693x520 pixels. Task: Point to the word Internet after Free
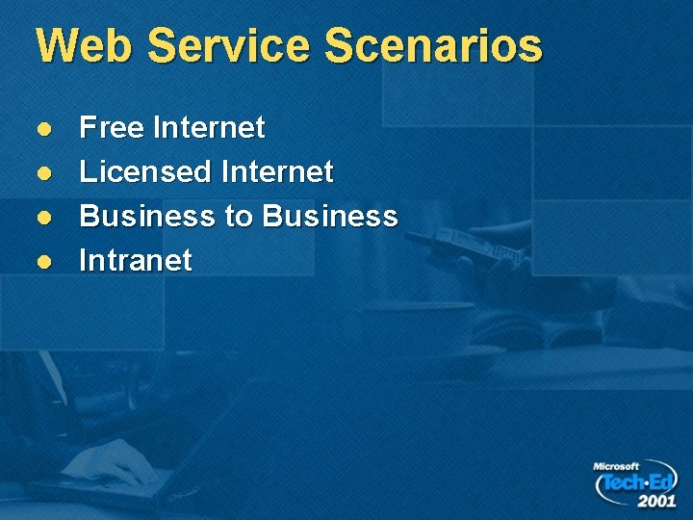[209, 127]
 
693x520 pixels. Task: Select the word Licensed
[144, 172]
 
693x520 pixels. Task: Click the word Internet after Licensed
[277, 172]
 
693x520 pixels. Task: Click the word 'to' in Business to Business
[238, 217]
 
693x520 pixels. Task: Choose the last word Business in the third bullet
[329, 216]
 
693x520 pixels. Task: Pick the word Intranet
[136, 260]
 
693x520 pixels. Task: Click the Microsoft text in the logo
[616, 466]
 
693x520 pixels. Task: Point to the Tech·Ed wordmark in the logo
[638, 481]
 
